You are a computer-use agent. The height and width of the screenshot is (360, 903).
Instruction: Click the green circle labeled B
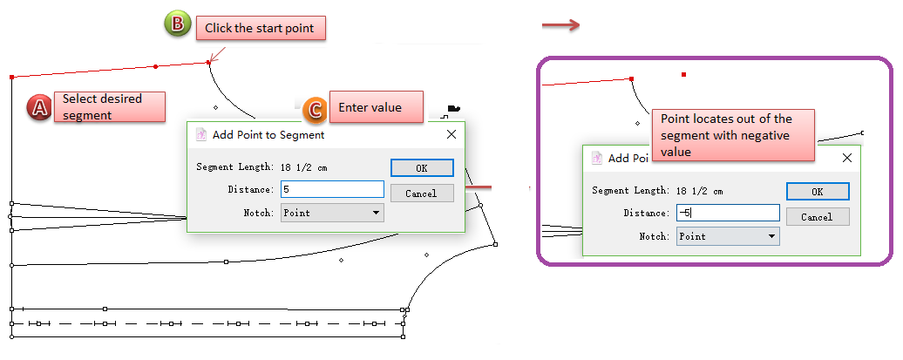(x=177, y=24)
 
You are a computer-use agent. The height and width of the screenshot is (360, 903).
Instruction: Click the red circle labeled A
(x=40, y=107)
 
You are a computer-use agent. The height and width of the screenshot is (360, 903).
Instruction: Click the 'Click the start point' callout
(x=260, y=29)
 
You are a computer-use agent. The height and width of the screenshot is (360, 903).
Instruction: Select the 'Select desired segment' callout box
(x=109, y=106)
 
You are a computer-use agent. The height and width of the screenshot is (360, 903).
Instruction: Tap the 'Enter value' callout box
(x=376, y=107)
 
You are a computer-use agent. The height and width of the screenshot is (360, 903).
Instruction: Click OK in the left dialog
(x=422, y=168)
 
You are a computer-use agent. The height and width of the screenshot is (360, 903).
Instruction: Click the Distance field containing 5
(x=332, y=189)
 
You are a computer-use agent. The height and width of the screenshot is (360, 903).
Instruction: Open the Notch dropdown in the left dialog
(x=332, y=212)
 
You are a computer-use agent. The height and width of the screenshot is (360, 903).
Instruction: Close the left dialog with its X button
(x=451, y=134)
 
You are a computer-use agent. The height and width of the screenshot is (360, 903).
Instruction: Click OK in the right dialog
(x=817, y=192)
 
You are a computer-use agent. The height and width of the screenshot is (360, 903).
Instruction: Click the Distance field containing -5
(x=727, y=213)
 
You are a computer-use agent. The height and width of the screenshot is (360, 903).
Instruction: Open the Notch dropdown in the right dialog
(x=727, y=236)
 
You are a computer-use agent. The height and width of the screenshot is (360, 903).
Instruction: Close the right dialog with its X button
(x=846, y=158)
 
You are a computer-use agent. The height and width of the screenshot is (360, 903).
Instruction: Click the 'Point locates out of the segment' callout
(x=732, y=135)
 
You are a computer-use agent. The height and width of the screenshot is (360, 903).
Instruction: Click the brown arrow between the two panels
(x=561, y=25)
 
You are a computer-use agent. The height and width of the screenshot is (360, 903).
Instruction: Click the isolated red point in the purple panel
(x=684, y=75)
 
